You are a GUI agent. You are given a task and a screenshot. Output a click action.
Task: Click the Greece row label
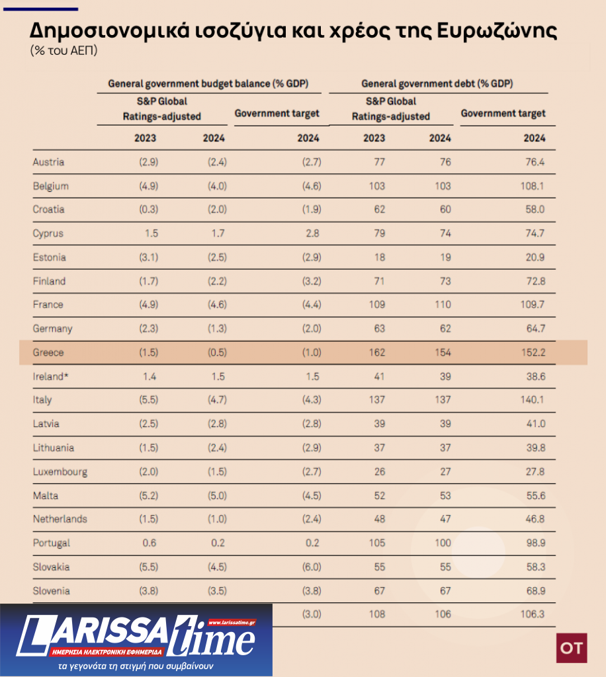coord(48,352)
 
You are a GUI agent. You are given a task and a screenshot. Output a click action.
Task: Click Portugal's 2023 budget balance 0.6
coord(150,543)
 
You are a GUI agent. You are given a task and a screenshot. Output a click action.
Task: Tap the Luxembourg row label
coord(60,471)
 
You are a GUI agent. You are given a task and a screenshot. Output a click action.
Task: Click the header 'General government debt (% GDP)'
coord(437,84)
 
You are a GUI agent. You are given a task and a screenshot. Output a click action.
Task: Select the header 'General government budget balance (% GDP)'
coord(208,84)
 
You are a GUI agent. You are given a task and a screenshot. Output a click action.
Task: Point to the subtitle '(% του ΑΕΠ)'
coord(64,51)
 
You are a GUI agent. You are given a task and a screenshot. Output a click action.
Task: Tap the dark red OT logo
coord(571,648)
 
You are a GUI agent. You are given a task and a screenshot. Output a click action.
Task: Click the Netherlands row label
coord(60,519)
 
